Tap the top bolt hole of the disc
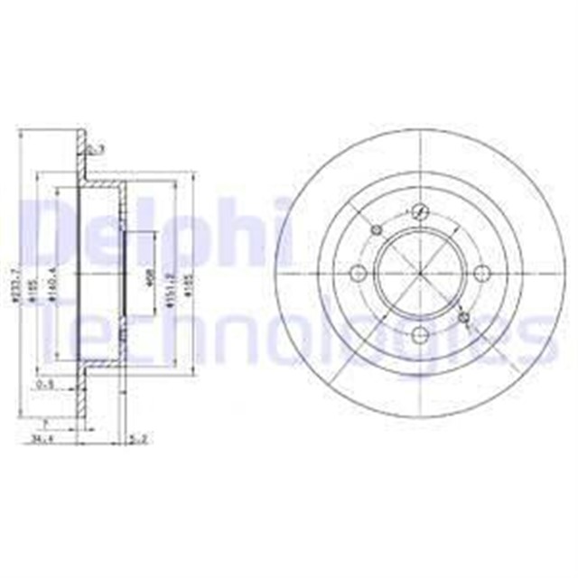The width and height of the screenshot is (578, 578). coord(418,211)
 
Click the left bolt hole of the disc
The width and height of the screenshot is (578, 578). coord(358,274)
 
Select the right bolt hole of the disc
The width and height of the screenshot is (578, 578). coord(480,272)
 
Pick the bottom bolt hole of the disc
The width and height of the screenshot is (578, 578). coord(419,334)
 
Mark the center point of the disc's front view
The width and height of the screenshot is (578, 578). coord(419,273)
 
